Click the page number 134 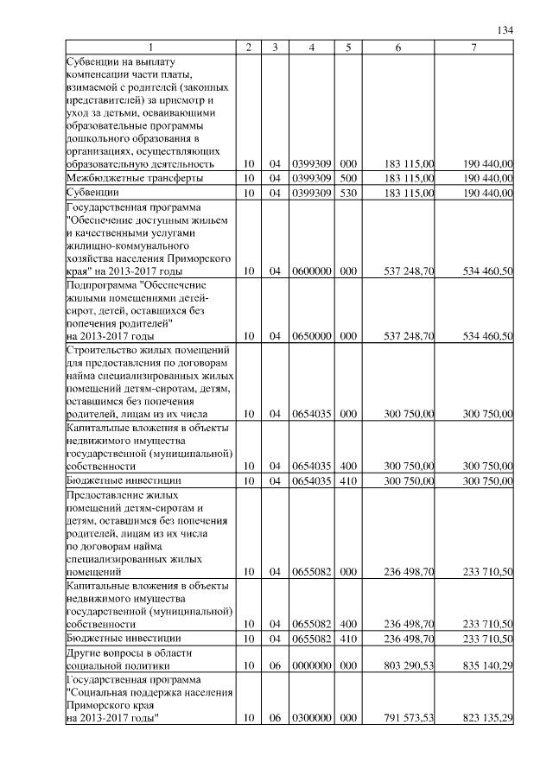coord(506,30)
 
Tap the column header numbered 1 coord(150,47)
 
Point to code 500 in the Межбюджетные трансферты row coord(348,177)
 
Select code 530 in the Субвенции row coord(348,192)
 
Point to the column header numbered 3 coord(275,47)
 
